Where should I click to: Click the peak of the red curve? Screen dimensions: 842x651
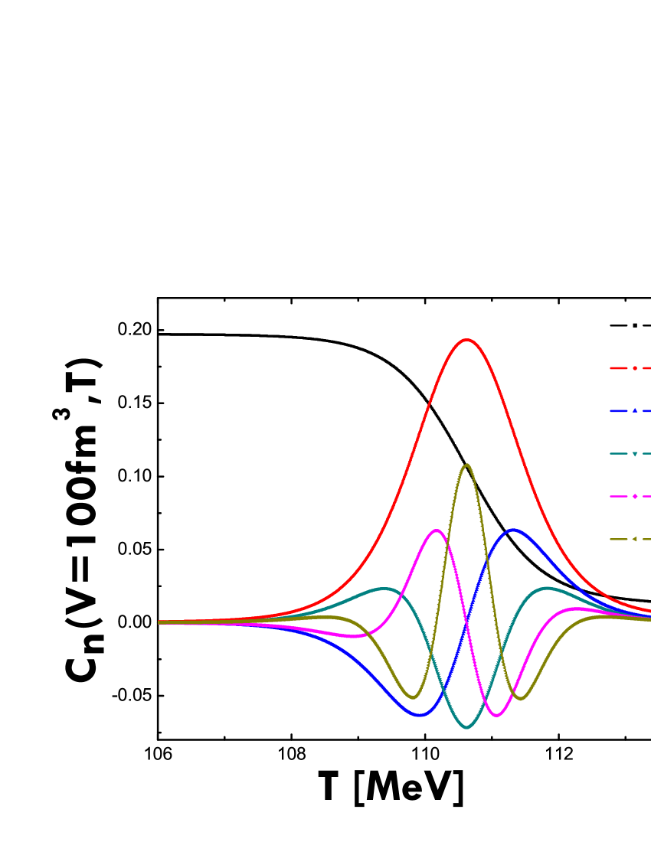(x=466, y=339)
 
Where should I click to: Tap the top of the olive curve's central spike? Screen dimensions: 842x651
(x=467, y=465)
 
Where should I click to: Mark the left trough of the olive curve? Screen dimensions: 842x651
(x=414, y=697)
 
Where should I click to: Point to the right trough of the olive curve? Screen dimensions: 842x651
(x=521, y=698)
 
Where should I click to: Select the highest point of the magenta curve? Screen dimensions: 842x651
(x=437, y=530)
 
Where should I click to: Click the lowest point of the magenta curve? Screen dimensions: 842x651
(x=497, y=716)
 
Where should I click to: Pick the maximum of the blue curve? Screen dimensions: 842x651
(x=514, y=529)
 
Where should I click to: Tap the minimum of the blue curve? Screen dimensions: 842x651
(x=420, y=716)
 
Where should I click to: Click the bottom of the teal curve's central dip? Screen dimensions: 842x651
(x=467, y=727)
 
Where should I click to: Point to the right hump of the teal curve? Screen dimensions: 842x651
(x=547, y=588)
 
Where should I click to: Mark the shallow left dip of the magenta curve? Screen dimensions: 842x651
(x=351, y=636)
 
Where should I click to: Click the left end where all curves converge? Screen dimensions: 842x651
(x=160, y=622)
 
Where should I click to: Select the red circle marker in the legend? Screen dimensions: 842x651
(x=635, y=368)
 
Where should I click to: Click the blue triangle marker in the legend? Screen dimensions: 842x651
(x=635, y=411)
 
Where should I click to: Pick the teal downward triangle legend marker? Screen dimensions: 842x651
(x=635, y=454)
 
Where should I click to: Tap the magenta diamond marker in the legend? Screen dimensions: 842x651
(x=635, y=496)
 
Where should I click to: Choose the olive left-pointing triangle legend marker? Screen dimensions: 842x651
(x=635, y=539)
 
